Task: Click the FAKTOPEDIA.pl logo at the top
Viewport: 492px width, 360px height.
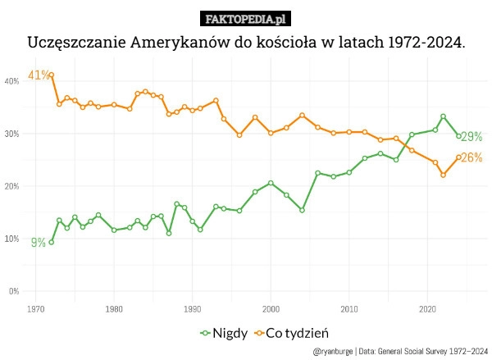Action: [245, 19]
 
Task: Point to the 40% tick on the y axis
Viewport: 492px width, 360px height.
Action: [12, 81]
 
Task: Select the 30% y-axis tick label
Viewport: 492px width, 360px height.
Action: [12, 134]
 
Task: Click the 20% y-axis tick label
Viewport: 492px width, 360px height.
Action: [12, 186]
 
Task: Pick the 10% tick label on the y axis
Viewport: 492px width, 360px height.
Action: [12, 239]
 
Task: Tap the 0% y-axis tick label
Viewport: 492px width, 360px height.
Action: [14, 291]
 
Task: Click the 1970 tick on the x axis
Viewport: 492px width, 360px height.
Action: [35, 309]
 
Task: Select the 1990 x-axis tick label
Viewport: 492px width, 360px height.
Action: [193, 309]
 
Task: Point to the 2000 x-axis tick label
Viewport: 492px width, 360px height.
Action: [271, 309]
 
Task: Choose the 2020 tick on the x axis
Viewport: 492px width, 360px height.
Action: [427, 309]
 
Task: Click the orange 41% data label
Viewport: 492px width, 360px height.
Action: [38, 75]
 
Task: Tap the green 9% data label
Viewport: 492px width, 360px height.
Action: [38, 243]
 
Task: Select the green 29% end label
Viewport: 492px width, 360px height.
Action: [471, 137]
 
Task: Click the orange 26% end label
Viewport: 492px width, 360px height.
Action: [471, 157]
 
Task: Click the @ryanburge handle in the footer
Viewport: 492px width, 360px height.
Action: [333, 351]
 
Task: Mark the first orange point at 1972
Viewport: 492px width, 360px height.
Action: [51, 75]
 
